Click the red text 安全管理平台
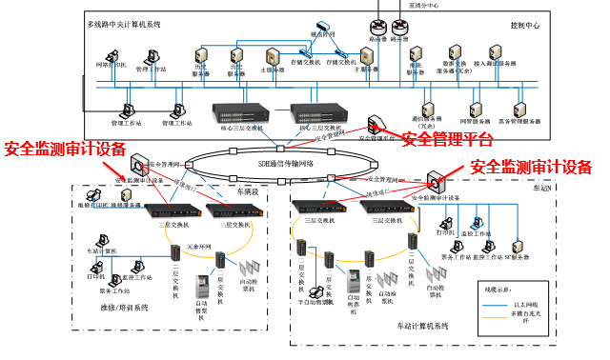[x=447, y=140]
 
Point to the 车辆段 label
[x=249, y=190]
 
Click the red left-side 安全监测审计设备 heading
[x=65, y=149]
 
